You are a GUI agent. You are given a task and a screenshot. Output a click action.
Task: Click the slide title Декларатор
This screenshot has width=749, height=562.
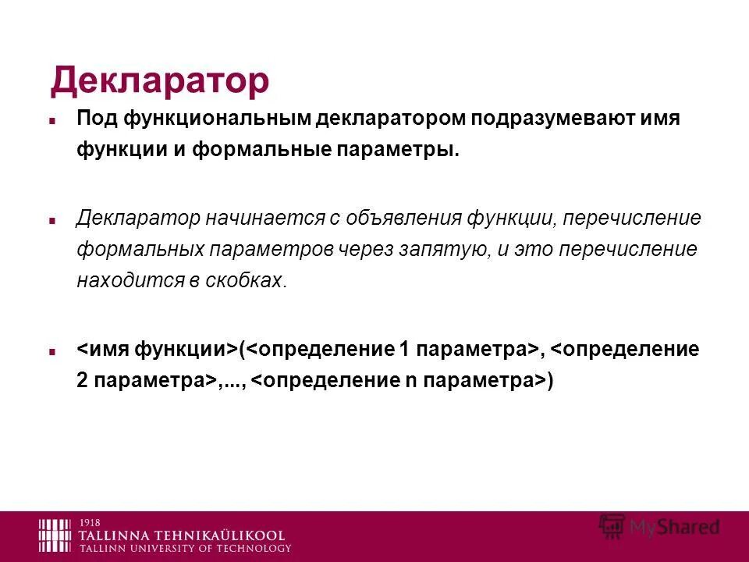coord(160,80)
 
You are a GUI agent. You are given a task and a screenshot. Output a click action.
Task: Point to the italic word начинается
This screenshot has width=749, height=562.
coord(263,219)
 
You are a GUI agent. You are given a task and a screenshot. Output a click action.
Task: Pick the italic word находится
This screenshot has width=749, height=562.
coord(127,281)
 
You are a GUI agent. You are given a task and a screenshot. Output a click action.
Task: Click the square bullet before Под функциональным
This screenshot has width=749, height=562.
coord(52,121)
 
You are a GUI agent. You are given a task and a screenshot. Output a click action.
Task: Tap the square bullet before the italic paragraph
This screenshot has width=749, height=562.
coord(52,220)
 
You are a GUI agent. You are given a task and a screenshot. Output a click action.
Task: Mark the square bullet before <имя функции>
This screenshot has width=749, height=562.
coord(52,350)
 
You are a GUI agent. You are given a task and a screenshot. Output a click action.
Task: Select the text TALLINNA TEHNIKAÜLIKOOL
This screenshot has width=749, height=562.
coord(182,535)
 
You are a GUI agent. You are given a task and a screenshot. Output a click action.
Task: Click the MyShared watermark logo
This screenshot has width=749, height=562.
coord(659,527)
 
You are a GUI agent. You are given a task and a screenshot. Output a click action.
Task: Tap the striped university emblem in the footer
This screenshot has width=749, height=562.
coord(56,535)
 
